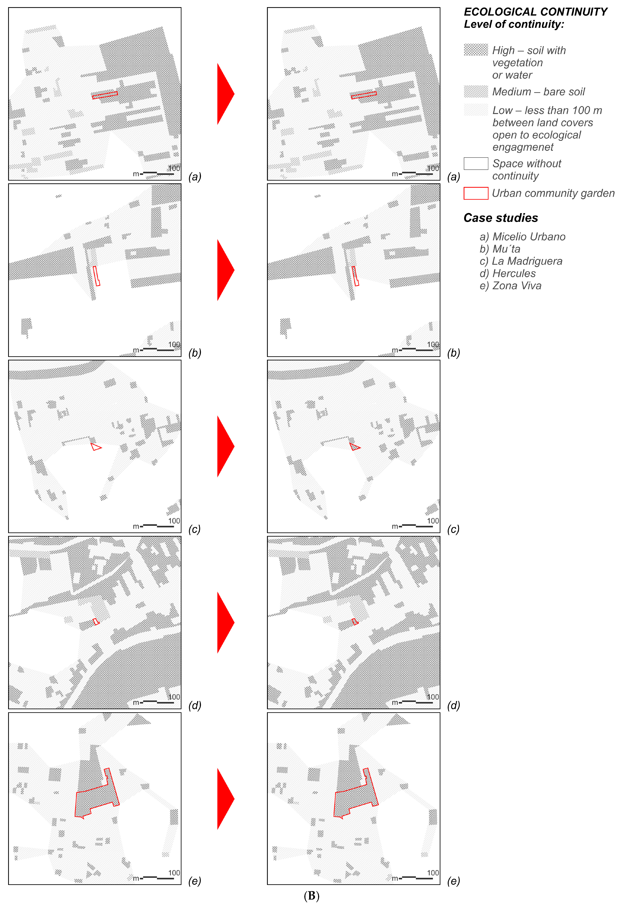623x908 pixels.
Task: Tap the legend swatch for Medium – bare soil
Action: [476, 91]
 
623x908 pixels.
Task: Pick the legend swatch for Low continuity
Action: [476, 110]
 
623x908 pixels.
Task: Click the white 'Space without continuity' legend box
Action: [476, 163]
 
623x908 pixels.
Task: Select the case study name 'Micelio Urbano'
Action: [528, 237]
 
